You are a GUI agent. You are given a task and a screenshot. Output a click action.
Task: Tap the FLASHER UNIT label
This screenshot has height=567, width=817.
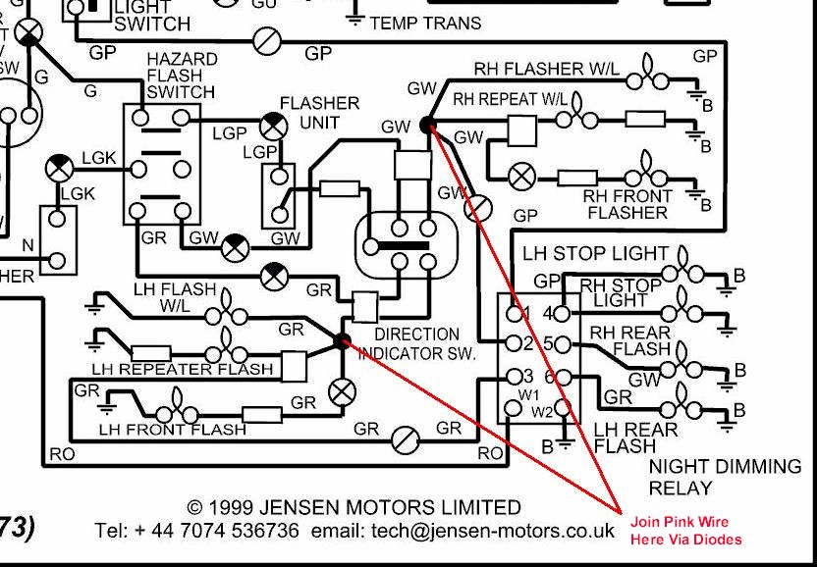[x=319, y=113]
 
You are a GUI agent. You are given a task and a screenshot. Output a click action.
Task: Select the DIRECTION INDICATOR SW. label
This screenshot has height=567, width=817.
[x=416, y=343]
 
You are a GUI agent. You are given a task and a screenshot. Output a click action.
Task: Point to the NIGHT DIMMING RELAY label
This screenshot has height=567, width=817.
[x=725, y=477]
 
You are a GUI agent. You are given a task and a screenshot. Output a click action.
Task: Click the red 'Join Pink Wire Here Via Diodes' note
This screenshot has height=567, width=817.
[x=686, y=531]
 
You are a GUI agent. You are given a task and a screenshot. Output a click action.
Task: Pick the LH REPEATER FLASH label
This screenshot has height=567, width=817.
[x=184, y=369]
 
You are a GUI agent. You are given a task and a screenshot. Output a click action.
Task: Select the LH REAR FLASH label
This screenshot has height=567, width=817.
[x=634, y=438]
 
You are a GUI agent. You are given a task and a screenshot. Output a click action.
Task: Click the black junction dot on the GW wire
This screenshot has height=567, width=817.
[x=427, y=125]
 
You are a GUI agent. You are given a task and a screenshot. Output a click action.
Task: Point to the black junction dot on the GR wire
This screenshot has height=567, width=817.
[x=342, y=341]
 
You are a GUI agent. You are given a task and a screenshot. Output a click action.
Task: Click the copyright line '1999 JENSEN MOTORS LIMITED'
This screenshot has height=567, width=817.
[x=354, y=508]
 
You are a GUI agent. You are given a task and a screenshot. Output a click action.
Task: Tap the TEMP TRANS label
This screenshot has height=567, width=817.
[x=425, y=22]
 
